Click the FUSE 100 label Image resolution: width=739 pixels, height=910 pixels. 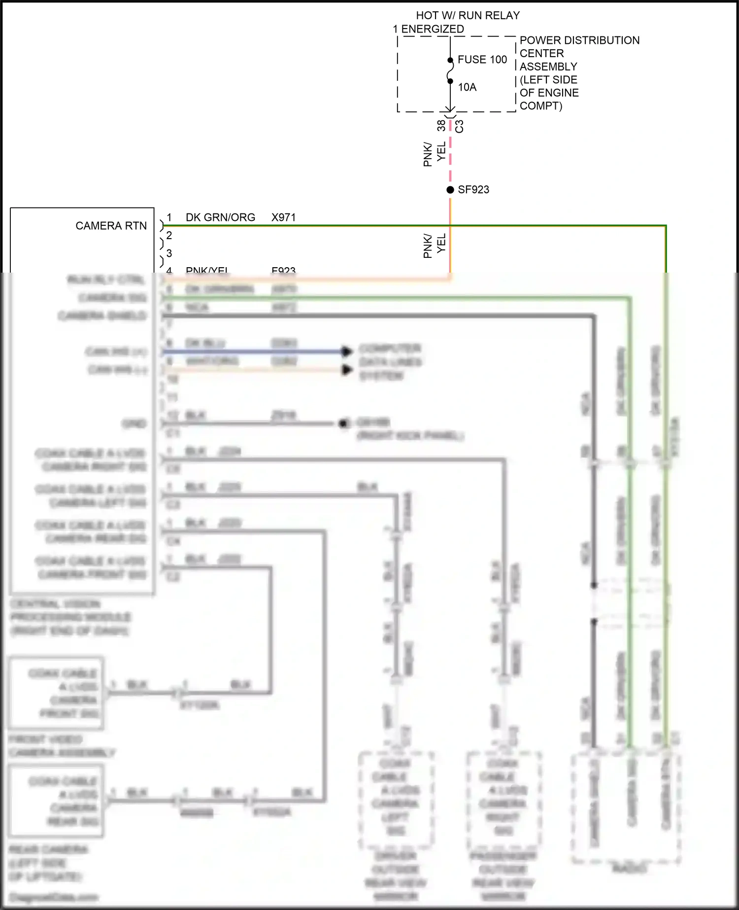tap(482, 60)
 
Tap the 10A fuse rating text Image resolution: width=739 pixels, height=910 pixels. tap(467, 87)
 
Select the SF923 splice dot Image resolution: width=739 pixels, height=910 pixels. tap(450, 190)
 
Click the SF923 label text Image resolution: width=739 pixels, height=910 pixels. tap(473, 190)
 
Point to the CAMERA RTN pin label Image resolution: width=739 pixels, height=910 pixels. tap(111, 226)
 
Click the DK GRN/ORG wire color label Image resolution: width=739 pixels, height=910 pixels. tap(220, 217)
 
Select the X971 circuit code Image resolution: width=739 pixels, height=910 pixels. tap(283, 217)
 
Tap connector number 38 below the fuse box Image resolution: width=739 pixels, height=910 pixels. tap(441, 126)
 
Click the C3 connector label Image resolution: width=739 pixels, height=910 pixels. tap(459, 126)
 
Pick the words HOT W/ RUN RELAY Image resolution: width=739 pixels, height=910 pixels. tap(468, 16)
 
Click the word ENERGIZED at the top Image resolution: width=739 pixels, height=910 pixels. tap(433, 29)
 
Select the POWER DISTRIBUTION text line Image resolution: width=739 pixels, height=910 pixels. tap(579, 40)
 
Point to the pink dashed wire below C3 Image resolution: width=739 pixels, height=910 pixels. tap(450, 153)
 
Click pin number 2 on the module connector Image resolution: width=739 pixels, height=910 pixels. tap(169, 236)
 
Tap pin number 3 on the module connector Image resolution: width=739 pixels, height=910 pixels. tap(169, 253)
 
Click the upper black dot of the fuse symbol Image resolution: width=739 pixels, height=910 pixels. tap(450, 60)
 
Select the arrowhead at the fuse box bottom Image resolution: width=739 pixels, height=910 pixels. tap(450, 109)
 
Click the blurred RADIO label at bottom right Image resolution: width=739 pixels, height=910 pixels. tap(629, 868)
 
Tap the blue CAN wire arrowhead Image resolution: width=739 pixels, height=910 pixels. tap(347, 351)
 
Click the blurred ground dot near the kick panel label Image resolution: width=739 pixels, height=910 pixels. tap(343, 423)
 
